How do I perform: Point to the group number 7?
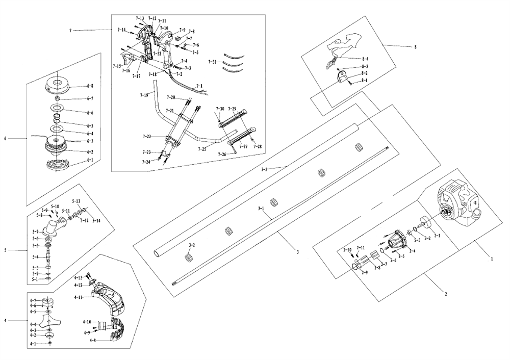[70, 31]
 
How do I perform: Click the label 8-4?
[365, 59]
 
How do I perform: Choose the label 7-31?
[212, 61]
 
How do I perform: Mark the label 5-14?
[96, 220]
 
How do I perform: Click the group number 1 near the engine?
[492, 259]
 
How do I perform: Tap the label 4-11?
[79, 297]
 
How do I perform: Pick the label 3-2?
[192, 245]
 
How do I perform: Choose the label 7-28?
[257, 146]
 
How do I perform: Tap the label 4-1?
[33, 344]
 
